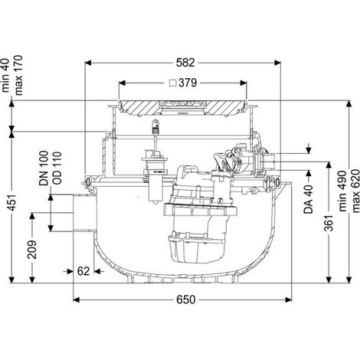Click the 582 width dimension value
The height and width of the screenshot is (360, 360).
coord(185,63)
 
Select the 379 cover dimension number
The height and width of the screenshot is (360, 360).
coord(188,83)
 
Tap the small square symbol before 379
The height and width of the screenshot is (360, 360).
coord(174,83)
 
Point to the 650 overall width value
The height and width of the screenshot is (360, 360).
coord(185,299)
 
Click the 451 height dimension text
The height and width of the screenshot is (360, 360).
coord(13,203)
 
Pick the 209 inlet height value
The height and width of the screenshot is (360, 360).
coord(32,250)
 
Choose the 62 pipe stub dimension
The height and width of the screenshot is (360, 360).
coord(83,271)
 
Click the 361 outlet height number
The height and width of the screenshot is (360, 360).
coord(329,223)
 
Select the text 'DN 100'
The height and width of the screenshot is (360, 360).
coord(44,168)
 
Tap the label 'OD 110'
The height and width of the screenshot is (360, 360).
coord(57,168)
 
